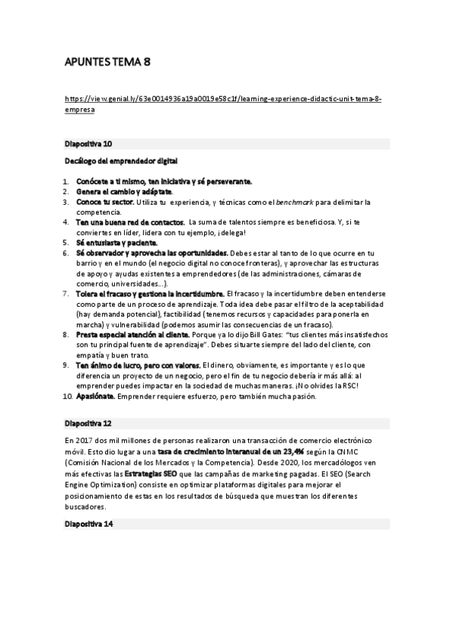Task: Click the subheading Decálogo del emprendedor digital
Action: pos(120,161)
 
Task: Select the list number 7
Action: pos(66,293)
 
